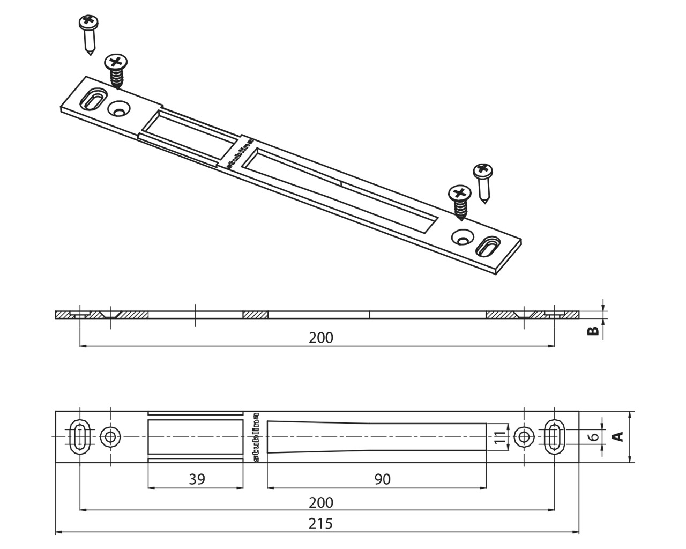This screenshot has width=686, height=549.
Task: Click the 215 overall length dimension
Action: coord(320,523)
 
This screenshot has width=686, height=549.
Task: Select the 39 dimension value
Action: coord(197,479)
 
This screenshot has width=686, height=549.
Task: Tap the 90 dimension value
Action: coord(382,479)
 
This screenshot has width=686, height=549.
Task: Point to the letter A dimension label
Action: coord(618,436)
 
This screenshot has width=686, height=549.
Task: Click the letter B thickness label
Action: coord(593,331)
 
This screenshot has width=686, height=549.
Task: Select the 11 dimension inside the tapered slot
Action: coord(499,437)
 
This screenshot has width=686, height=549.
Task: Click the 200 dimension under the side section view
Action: coord(321,337)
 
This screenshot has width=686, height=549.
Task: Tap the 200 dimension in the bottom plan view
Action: coord(321,502)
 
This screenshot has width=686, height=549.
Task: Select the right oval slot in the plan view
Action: coord(554,436)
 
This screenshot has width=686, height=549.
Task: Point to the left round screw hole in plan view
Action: coord(110,436)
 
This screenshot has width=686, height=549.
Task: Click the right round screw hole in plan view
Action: coord(523,436)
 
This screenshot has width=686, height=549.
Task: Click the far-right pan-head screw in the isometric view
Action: coord(483,183)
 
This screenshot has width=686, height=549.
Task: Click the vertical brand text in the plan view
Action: coord(256,436)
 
